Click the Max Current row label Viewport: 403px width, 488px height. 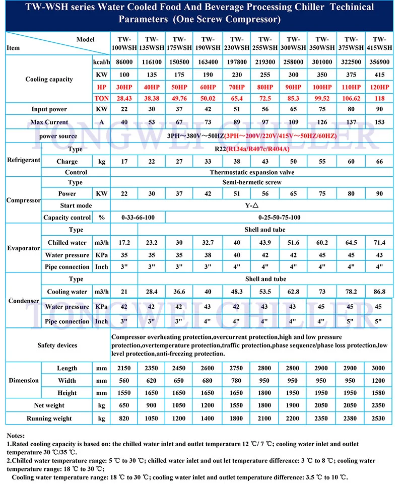49,122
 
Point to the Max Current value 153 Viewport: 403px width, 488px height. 379,122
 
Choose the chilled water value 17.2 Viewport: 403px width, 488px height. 123,243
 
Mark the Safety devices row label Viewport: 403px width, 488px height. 57,345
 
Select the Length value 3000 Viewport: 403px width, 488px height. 379,369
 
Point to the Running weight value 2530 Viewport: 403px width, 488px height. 379,419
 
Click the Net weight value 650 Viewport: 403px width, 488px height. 123,405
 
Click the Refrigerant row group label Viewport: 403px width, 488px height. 23,160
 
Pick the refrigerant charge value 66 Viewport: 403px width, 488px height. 379,162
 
